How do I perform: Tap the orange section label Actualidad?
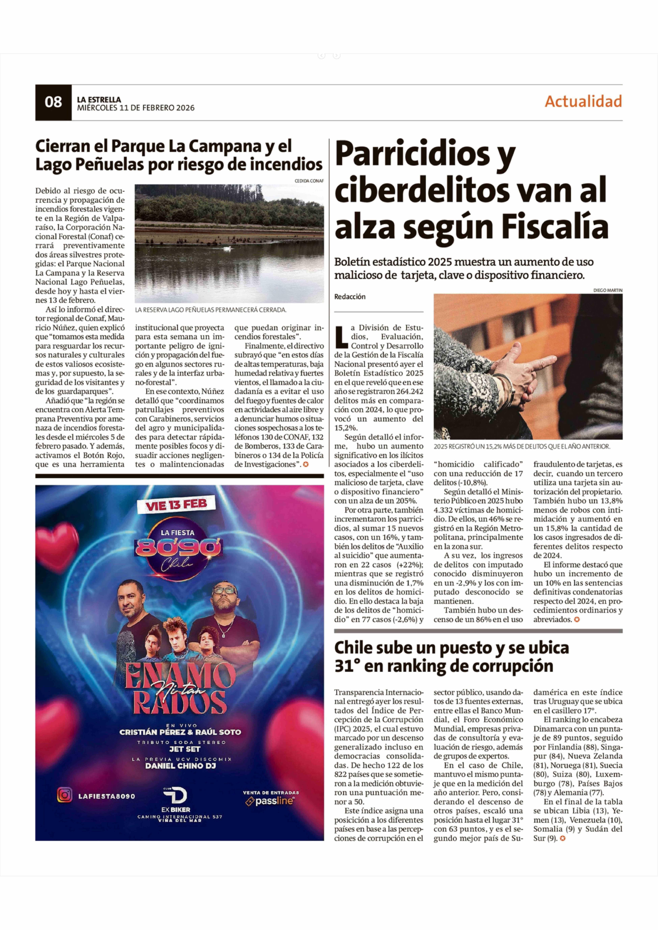coord(583,101)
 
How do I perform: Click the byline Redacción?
coord(350,297)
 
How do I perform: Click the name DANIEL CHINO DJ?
coord(180,766)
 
